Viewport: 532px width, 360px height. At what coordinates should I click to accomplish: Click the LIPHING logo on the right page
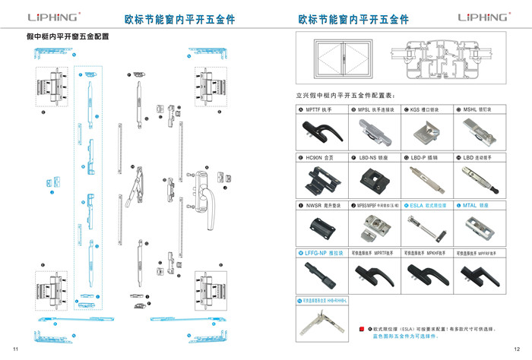[x=482, y=17]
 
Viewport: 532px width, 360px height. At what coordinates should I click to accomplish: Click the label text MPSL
[x=364, y=109]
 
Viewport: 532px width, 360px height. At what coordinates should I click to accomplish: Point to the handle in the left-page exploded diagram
[x=202, y=187]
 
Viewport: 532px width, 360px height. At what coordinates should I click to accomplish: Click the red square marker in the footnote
[x=362, y=330]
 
